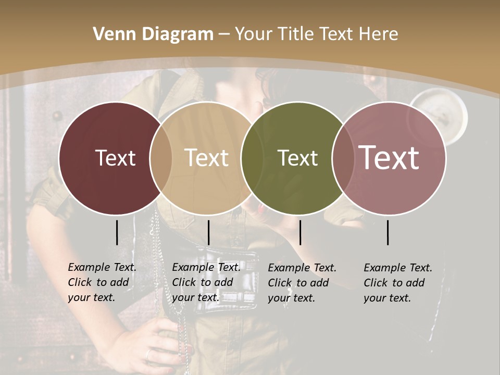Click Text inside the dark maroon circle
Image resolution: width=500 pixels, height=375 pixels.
pyautogui.click(x=115, y=158)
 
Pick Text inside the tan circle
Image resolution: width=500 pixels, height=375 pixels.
pyautogui.click(x=207, y=158)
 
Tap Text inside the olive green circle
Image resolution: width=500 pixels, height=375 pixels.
pyautogui.click(x=297, y=158)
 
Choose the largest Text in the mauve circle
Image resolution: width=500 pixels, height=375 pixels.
pyautogui.click(x=389, y=158)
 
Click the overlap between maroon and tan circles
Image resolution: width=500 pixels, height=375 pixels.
pyautogui.click(x=161, y=158)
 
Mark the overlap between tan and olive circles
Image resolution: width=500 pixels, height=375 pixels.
pyautogui.click(x=252, y=158)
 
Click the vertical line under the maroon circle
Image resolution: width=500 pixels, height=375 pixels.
pyautogui.click(x=117, y=232)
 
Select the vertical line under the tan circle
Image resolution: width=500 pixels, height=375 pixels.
pyautogui.click(x=208, y=232)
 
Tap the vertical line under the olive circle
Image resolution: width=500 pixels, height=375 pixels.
pyautogui.click(x=300, y=232)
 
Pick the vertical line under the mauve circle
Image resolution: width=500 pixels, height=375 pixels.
pyautogui.click(x=388, y=232)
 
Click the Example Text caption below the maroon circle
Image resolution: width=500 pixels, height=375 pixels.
pyautogui.click(x=102, y=282)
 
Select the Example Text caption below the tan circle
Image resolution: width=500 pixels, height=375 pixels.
pyautogui.click(x=206, y=282)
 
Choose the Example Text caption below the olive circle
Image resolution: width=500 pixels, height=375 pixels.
pyautogui.click(x=302, y=283)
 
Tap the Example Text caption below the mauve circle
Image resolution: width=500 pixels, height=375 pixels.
pyautogui.click(x=398, y=283)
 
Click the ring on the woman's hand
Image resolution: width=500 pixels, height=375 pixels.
pyautogui.click(x=149, y=354)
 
